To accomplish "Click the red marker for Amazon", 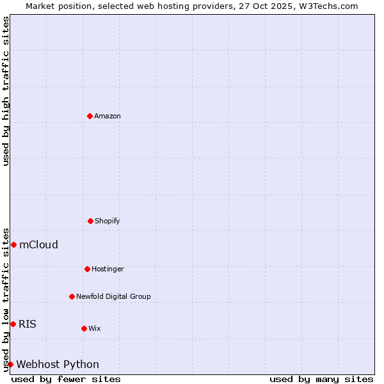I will [x=90, y=116].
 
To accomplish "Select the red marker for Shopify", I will [x=90, y=221].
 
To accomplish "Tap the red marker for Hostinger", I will [x=87, y=269].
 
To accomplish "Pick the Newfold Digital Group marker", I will [x=72, y=296].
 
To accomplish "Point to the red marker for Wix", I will [x=84, y=328].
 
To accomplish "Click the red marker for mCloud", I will [x=13, y=244].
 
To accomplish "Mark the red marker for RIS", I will [x=13, y=324].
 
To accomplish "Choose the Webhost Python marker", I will [x=10, y=364].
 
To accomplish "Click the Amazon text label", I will [x=108, y=116].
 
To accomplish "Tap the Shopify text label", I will [x=108, y=221].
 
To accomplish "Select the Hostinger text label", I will [x=108, y=269].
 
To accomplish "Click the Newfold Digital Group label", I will [x=113, y=296].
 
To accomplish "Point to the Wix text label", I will [x=95, y=328].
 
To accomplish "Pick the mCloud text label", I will [x=38, y=244].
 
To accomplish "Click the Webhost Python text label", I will [x=58, y=364].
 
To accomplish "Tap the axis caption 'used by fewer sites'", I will [x=66, y=379].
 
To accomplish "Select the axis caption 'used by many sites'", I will [x=321, y=379].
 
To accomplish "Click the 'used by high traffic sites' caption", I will [x=6, y=91].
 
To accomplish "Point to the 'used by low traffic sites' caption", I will [x=6, y=300].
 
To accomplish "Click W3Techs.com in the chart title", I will [x=326, y=6].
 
